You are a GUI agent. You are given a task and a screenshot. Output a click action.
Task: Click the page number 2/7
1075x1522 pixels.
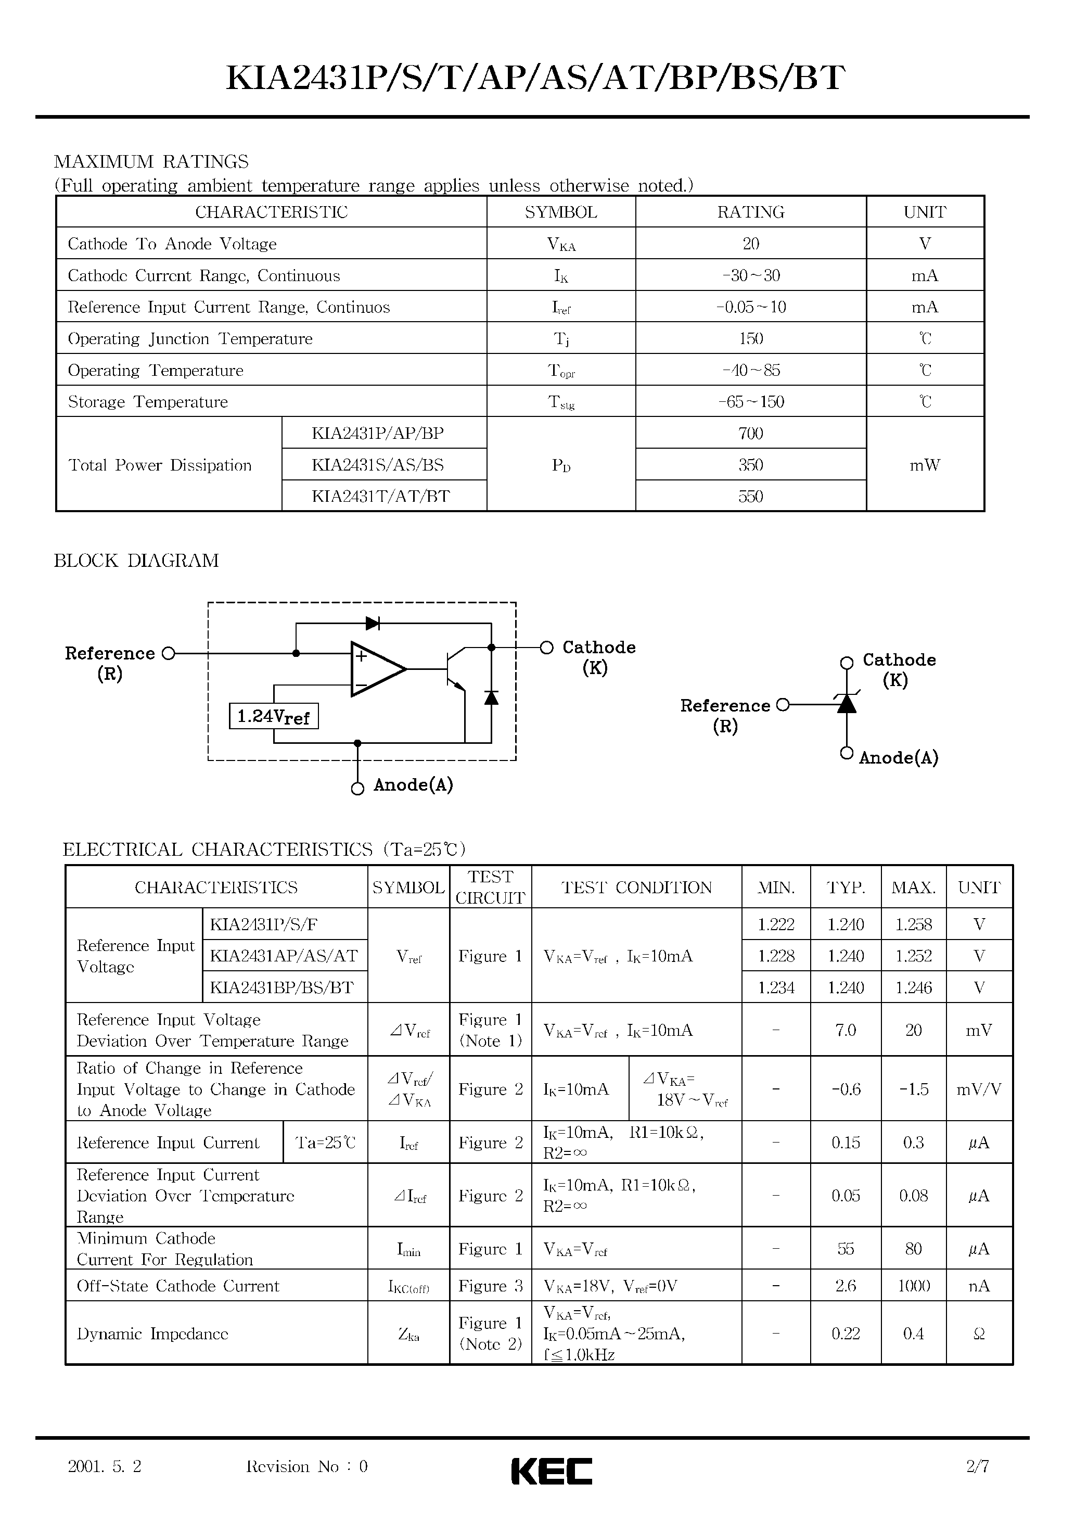(x=978, y=1466)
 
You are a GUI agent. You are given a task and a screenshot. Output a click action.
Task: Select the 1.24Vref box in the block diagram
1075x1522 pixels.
(x=274, y=717)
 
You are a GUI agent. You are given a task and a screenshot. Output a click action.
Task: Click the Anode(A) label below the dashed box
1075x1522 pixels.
(x=413, y=785)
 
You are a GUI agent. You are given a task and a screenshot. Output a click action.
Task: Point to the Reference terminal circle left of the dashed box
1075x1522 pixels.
(x=169, y=654)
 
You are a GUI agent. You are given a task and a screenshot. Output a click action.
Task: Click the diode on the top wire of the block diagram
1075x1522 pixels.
(x=373, y=623)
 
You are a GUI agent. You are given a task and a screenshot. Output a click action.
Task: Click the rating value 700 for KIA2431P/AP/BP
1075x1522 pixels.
(x=750, y=434)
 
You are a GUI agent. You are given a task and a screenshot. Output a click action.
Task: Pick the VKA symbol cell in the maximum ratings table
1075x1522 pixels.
(x=561, y=244)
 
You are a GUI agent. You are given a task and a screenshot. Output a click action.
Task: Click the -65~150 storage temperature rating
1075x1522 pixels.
(x=750, y=402)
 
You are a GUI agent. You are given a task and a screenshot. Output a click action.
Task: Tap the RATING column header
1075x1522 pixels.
(x=750, y=212)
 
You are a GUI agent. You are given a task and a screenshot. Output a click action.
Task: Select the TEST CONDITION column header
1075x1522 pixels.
(x=636, y=887)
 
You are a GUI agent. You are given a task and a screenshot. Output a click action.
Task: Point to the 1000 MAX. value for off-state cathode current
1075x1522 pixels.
(x=913, y=1286)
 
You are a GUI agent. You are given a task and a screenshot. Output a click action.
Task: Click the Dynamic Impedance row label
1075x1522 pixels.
(x=152, y=1334)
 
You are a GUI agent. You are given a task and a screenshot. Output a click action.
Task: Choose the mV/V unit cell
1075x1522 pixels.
(x=978, y=1089)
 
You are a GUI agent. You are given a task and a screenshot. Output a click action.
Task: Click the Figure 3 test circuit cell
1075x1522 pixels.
(x=491, y=1286)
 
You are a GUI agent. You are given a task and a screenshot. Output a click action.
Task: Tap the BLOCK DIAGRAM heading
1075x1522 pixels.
(x=136, y=561)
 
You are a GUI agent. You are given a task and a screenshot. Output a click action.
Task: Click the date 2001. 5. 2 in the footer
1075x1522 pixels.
(x=105, y=1466)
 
